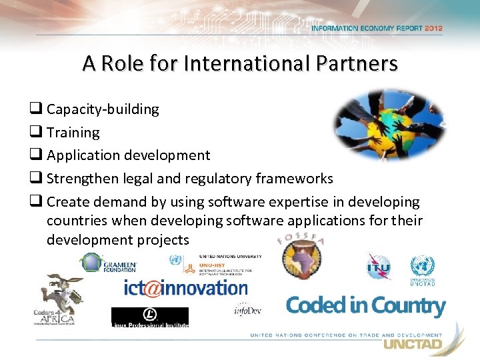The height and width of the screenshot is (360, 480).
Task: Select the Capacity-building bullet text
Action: (103, 109)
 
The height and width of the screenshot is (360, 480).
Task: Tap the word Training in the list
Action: (73, 133)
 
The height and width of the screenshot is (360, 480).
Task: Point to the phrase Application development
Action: (128, 156)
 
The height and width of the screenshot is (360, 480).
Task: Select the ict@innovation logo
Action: (185, 288)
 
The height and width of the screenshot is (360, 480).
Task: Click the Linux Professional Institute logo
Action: (149, 317)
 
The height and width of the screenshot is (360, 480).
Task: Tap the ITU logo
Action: (378, 266)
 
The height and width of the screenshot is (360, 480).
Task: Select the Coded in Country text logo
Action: (365, 306)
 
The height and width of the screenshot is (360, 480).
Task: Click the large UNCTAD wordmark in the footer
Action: (411, 345)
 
